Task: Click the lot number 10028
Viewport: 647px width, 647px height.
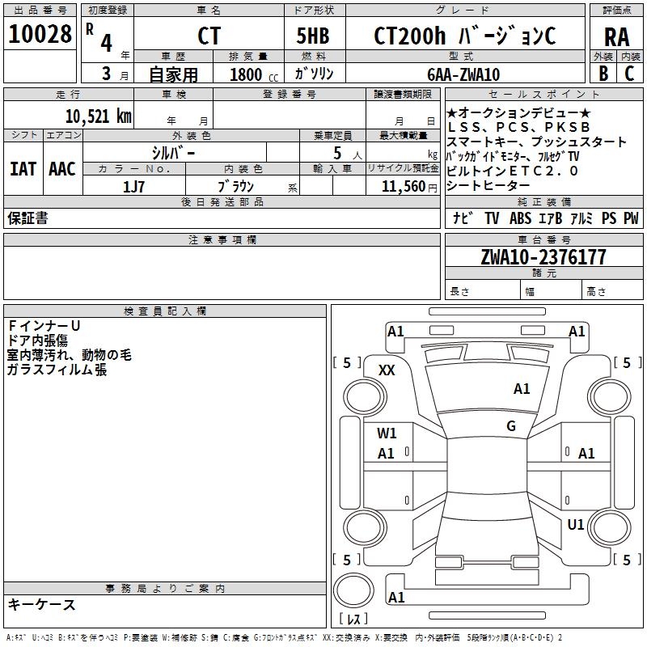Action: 40,35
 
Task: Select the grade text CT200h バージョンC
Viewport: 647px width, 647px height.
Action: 464,36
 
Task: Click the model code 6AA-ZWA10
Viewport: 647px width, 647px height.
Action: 463,74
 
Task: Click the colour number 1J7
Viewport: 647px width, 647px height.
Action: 133,186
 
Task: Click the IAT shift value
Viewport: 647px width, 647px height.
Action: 23,169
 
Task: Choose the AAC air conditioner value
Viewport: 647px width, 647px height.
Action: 62,169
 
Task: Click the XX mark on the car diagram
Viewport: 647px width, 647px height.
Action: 387,370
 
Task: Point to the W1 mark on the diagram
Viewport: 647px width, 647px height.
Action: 387,433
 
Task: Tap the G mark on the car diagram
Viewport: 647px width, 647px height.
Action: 511,426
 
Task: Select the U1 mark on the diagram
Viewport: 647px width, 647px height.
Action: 576,525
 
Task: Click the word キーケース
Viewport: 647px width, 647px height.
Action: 42,604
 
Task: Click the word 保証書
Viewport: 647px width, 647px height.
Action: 27,218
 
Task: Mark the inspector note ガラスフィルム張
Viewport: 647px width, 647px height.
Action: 57,370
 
